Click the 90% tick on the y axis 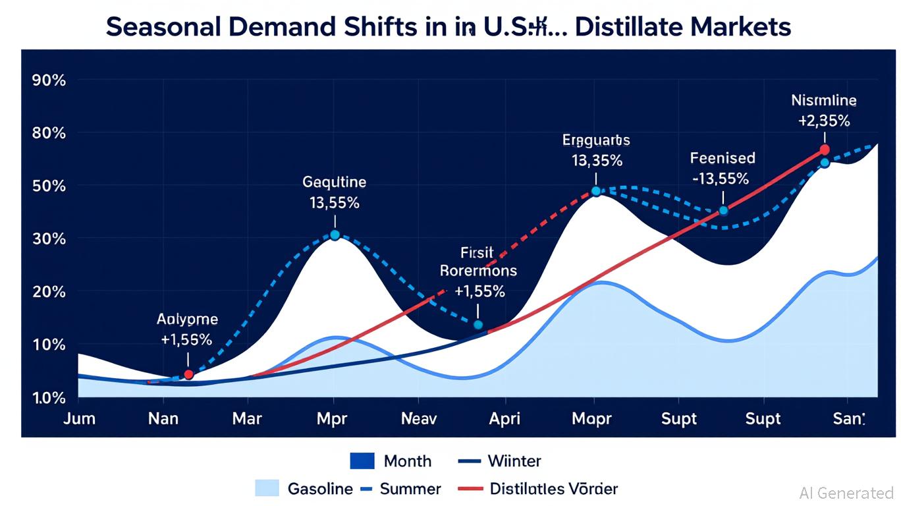pos(49,80)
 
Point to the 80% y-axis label pos(49,133)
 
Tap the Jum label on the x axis pos(79,419)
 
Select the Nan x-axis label pos(163,419)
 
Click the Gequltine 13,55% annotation pos(335,192)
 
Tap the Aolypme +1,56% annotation pos(187,329)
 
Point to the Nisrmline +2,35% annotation pos(824,111)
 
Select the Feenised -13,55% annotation pos(723,168)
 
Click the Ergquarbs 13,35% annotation pos(596,150)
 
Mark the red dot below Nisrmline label pos(825,150)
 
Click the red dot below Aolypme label pos(188,374)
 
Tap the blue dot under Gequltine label pos(335,235)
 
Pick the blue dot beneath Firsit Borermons pos(478,325)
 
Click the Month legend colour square pos(362,461)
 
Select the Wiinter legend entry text pos(514,461)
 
